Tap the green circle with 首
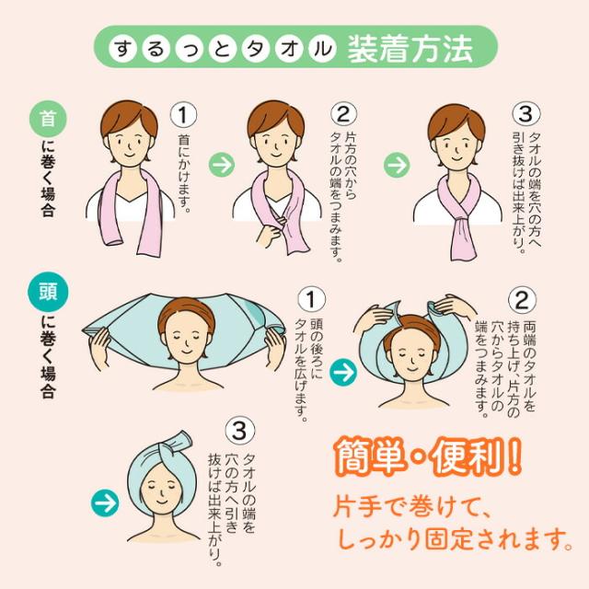[47, 119]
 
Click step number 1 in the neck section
[185, 114]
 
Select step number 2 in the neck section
[342, 114]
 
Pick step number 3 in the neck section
[525, 114]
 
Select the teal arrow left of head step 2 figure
[343, 373]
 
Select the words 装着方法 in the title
[410, 48]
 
